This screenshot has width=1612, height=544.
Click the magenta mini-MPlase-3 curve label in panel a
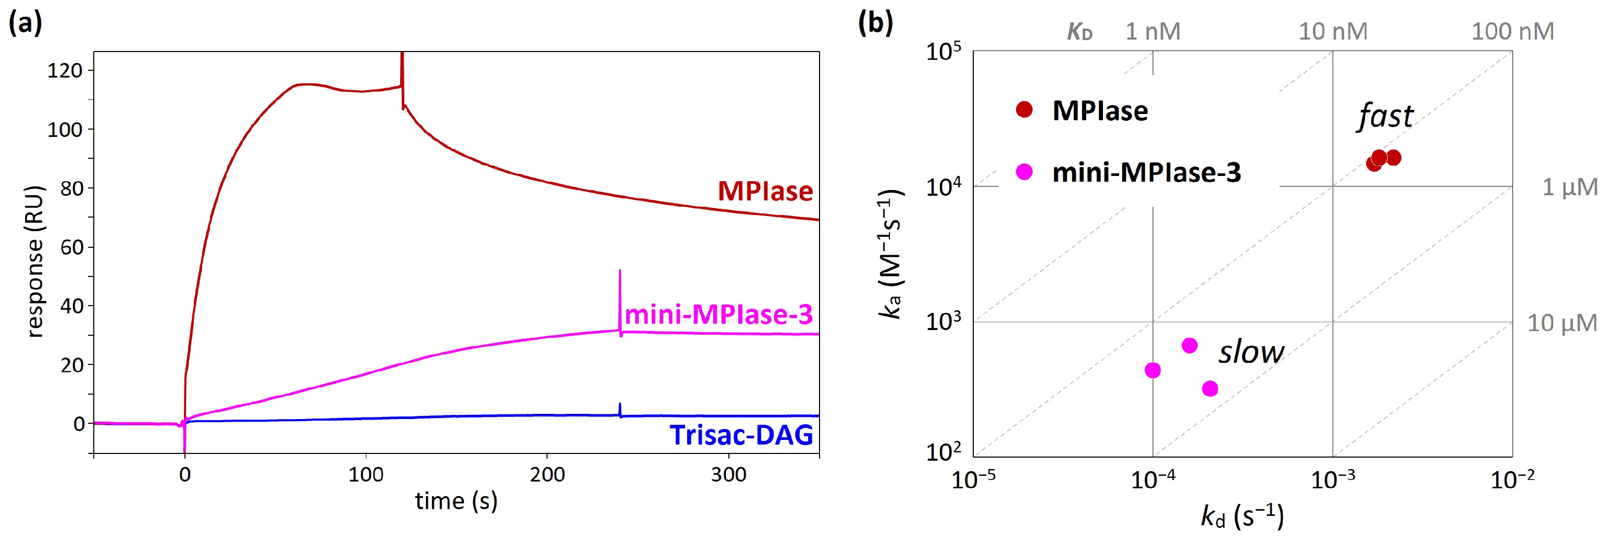click(718, 314)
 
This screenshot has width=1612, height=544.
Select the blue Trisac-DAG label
click(741, 435)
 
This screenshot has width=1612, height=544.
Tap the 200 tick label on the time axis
click(547, 475)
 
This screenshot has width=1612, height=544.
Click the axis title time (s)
click(456, 501)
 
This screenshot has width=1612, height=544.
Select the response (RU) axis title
click(36, 261)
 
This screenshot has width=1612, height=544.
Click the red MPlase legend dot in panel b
click(1024, 109)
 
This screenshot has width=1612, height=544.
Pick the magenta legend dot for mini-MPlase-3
click(1024, 171)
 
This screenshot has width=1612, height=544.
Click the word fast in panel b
click(1385, 116)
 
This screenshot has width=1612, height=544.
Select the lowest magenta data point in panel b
click(1210, 388)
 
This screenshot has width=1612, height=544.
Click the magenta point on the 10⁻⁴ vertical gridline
click(1152, 370)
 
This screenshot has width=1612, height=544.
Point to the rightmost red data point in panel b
click(1393, 158)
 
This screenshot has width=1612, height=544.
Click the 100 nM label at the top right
click(1512, 31)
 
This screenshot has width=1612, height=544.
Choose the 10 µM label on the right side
click(1562, 323)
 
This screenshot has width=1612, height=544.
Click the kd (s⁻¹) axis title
click(1242, 516)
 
